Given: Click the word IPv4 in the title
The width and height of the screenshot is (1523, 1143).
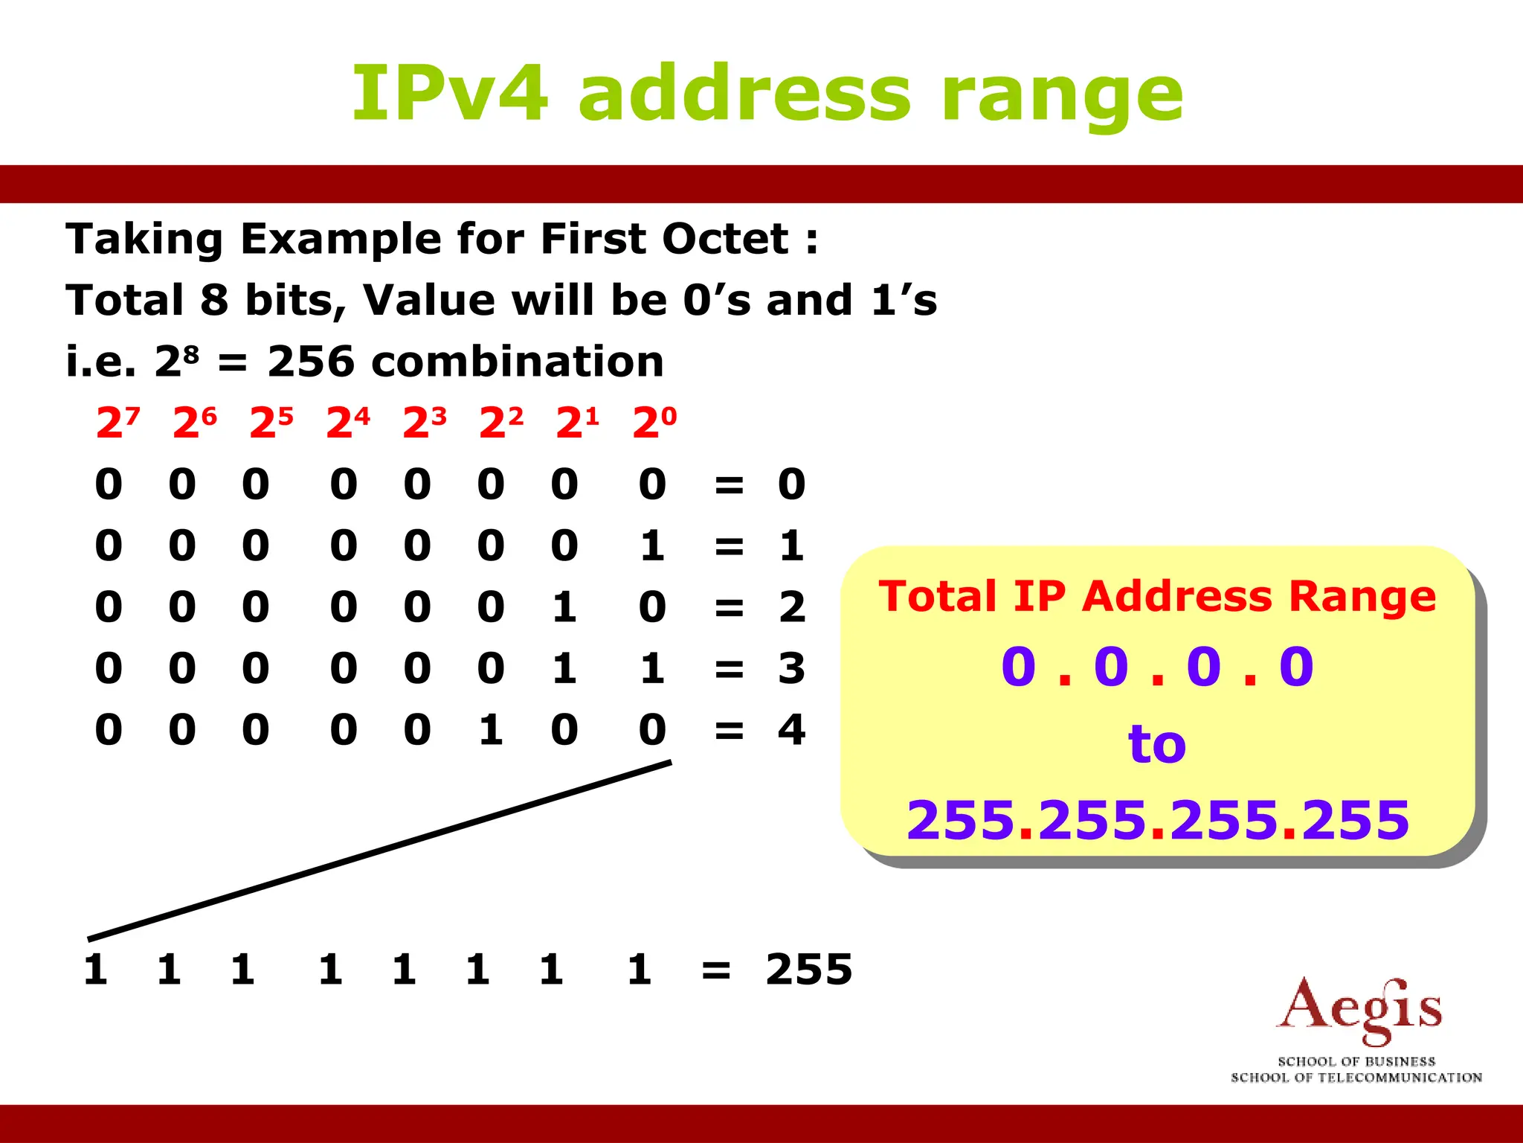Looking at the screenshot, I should tap(449, 95).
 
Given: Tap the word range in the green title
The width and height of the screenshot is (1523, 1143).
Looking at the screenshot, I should tap(1062, 97).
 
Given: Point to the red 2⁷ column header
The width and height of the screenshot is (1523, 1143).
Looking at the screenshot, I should tap(117, 423).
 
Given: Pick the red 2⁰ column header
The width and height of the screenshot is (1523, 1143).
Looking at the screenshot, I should tap(654, 423).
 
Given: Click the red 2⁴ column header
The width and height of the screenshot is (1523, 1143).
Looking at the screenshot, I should tap(347, 423).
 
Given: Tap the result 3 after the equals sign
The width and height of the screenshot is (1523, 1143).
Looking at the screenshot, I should tap(791, 668).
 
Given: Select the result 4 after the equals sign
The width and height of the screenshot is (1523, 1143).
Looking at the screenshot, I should tap(791, 729).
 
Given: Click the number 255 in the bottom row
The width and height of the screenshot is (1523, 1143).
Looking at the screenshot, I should tap(809, 970).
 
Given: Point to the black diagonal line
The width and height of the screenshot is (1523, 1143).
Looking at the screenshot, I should tap(379, 851).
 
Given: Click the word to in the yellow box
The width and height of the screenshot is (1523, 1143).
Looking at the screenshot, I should tap(1157, 743).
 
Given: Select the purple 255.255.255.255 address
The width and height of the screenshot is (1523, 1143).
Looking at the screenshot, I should tap(1157, 820).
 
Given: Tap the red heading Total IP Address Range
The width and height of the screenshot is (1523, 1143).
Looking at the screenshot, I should tap(1157, 597).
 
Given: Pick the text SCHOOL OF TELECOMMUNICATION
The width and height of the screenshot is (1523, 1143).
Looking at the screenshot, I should tap(1356, 1078).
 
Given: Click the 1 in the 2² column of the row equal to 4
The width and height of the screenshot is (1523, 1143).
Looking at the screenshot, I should tap(490, 729).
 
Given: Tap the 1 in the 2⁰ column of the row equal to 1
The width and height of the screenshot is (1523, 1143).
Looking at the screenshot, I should tap(652, 545).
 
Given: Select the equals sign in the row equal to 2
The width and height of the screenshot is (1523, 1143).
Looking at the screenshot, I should tap(729, 607).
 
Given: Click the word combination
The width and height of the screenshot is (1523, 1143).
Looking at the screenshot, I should tap(518, 362).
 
